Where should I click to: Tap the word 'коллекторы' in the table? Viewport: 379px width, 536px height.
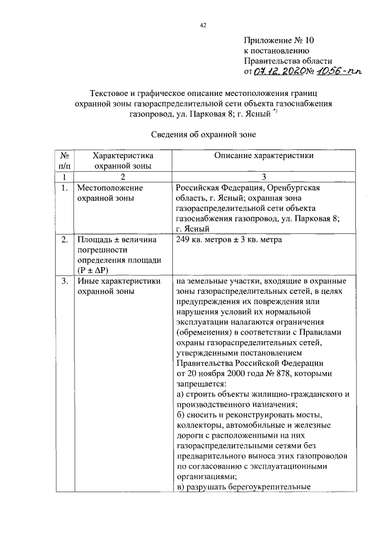click(199, 425)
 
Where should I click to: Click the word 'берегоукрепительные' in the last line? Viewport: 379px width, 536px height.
click(272, 487)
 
